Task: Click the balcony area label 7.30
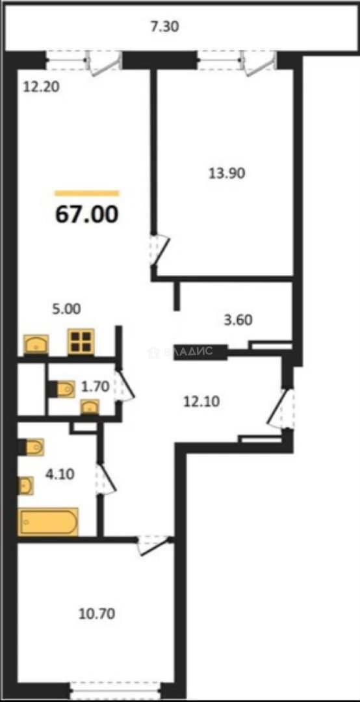(164, 27)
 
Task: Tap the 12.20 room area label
(42, 86)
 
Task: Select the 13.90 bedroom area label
(227, 173)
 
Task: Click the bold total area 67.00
(87, 214)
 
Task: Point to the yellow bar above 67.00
(87, 194)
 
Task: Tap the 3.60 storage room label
(237, 320)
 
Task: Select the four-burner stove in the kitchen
(81, 342)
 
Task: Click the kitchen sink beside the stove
(36, 344)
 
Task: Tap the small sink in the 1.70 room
(90, 407)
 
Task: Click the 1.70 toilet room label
(95, 387)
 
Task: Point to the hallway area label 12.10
(201, 402)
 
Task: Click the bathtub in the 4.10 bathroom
(49, 521)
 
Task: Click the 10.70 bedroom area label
(96, 614)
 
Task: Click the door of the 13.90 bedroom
(160, 251)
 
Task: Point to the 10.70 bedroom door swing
(155, 545)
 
